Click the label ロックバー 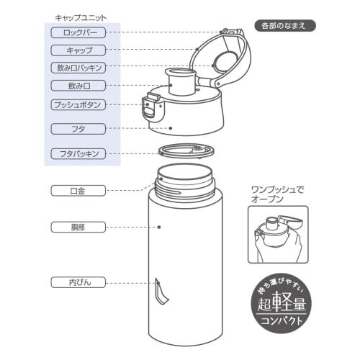pos(78,32)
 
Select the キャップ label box pos(78,50)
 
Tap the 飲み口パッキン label pos(78,68)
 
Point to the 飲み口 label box pos(78,86)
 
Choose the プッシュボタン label pos(78,104)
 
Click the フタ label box pos(78,129)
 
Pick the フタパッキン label pos(78,153)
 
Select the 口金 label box pos(78,191)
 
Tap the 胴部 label pos(78,227)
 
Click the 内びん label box pos(78,282)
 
